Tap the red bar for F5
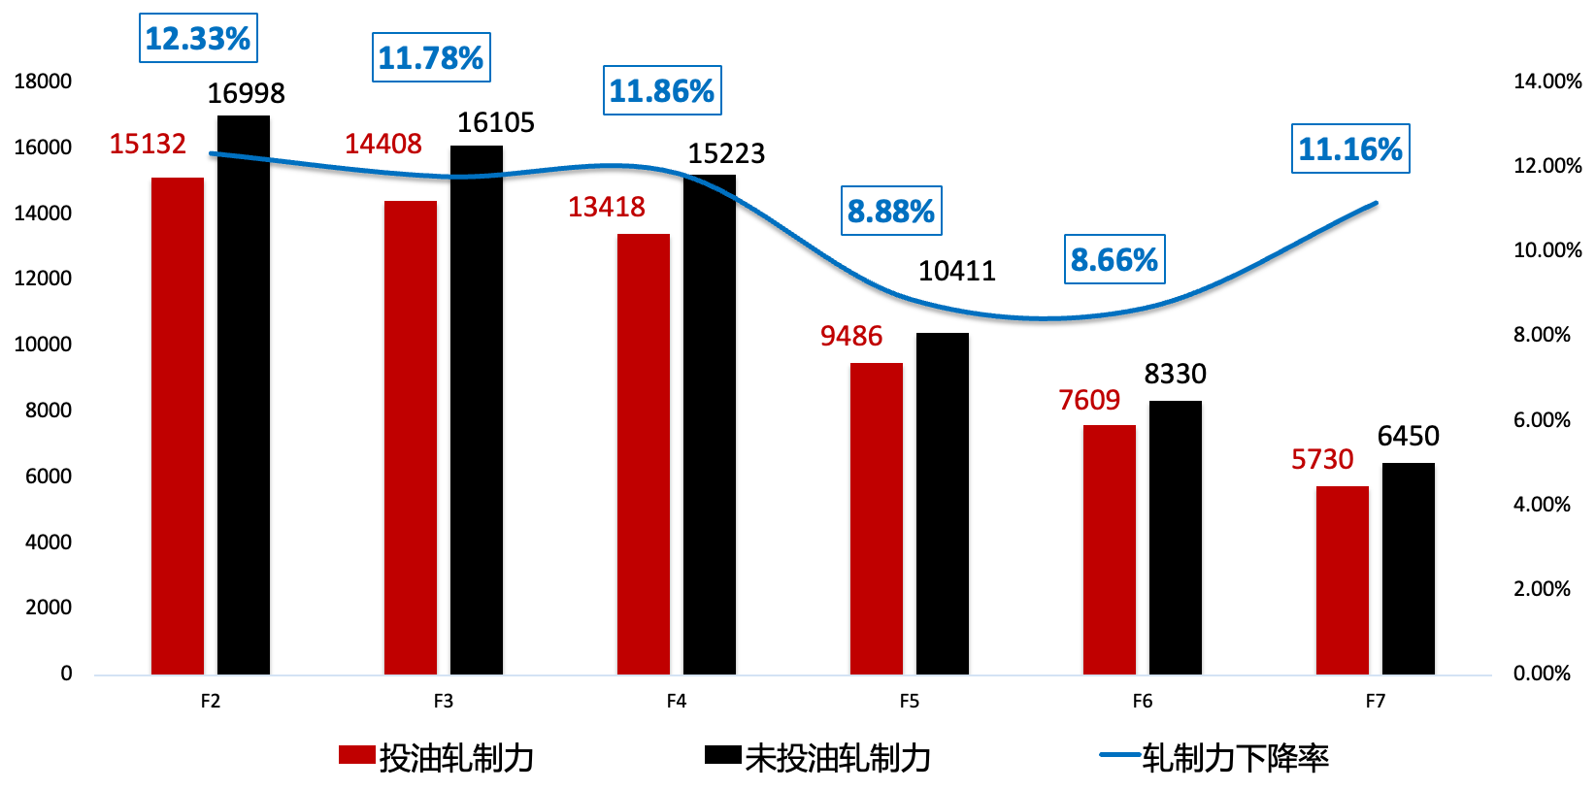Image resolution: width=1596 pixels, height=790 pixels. pyautogui.click(x=877, y=518)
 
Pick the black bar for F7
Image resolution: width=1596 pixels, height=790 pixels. pyautogui.click(x=1409, y=569)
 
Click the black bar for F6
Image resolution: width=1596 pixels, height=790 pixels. pyautogui.click(x=1176, y=538)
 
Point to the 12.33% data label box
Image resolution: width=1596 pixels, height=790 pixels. pyautogui.click(x=198, y=39)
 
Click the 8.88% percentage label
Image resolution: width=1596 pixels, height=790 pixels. pyautogui.click(x=891, y=211)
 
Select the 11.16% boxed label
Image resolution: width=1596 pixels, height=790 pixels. pyautogui.click(x=1350, y=149)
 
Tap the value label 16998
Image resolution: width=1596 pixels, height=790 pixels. pyautogui.click(x=247, y=93)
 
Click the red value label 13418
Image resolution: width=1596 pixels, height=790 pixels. pyautogui.click(x=607, y=207)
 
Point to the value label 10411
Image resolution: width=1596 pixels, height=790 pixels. pyautogui.click(x=957, y=271)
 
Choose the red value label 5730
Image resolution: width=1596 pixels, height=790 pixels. pyautogui.click(x=1322, y=459)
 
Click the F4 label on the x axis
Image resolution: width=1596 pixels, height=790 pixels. pyautogui.click(x=677, y=701)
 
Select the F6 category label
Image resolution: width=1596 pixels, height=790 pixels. pyautogui.click(x=1143, y=701)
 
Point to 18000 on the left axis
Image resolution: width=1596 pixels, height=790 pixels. pyautogui.click(x=44, y=82)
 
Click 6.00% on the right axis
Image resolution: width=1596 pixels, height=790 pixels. pyautogui.click(x=1542, y=419)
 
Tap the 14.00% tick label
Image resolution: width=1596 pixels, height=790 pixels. pyautogui.click(x=1547, y=82)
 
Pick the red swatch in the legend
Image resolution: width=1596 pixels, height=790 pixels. pyautogui.click(x=356, y=756)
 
